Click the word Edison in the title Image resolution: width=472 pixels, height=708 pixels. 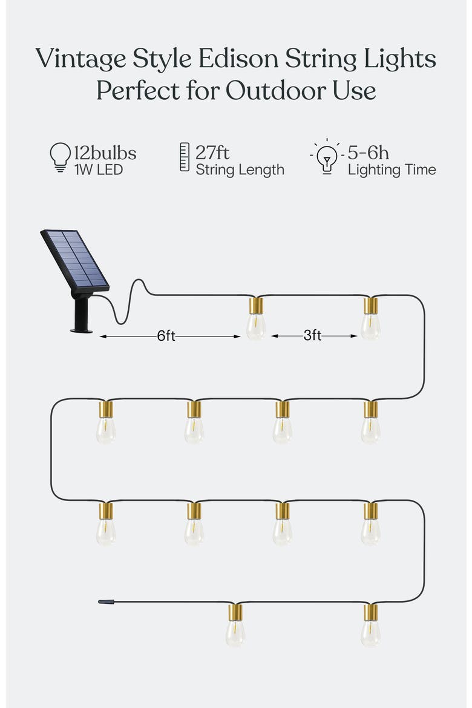(238, 59)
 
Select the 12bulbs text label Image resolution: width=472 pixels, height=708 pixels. (105, 153)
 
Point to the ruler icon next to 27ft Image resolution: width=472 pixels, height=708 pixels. (185, 157)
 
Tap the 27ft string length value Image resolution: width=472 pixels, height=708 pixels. (212, 152)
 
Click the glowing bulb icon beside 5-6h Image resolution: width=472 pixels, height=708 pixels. (327, 157)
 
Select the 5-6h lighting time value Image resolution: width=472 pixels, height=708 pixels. (368, 153)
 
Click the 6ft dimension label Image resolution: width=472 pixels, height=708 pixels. (166, 335)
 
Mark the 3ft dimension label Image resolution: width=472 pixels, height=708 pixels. (313, 335)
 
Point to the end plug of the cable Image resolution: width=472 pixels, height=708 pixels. (106, 601)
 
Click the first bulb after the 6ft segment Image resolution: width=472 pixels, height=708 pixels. (256, 318)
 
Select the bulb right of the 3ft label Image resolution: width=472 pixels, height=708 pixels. (371, 318)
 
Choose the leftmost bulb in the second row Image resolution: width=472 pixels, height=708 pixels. (106, 422)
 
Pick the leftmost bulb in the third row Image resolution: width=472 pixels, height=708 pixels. (106, 523)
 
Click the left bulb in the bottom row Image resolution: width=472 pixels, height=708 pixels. (235, 625)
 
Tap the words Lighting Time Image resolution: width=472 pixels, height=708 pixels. (392, 170)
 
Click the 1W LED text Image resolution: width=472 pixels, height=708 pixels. (99, 170)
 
